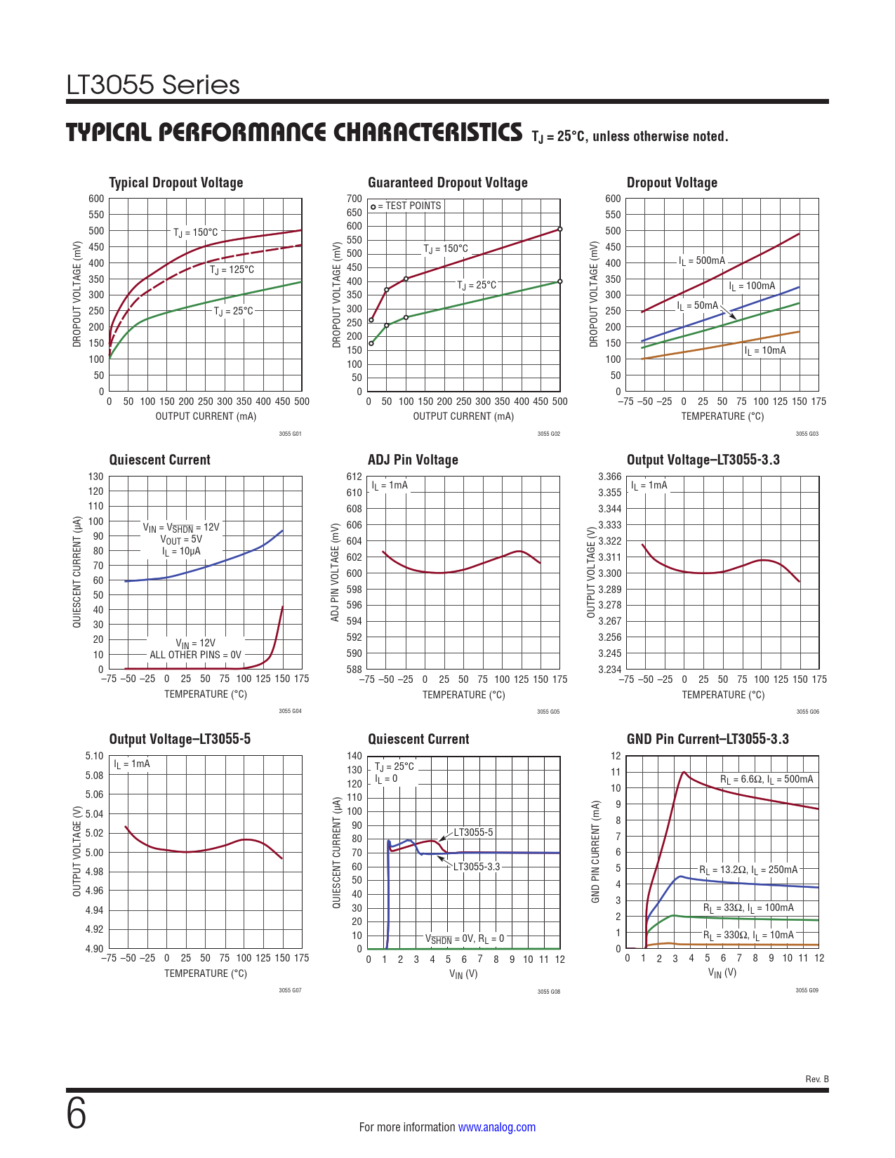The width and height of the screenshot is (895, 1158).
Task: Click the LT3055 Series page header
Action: (153, 85)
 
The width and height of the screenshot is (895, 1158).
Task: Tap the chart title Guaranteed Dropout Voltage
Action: (447, 182)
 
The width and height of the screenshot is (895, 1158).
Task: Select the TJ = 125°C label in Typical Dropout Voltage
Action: (232, 270)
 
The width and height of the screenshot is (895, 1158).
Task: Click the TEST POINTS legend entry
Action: (406, 206)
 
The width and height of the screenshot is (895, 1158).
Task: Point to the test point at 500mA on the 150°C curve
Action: (559, 229)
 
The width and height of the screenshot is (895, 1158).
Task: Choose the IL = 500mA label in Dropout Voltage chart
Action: (701, 261)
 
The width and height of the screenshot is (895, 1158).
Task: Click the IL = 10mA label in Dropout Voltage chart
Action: (765, 351)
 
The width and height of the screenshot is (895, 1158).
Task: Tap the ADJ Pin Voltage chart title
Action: (413, 460)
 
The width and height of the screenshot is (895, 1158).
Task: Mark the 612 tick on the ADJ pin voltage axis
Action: (354, 477)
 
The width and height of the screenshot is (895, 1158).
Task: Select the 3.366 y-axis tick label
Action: (609, 477)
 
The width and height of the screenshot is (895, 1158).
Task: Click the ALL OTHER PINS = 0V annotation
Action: (195, 655)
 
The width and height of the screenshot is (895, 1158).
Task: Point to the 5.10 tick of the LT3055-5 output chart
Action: (94, 756)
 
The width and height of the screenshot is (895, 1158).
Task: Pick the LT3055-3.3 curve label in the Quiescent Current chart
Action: (477, 867)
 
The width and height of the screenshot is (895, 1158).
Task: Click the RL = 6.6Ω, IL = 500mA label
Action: (767, 780)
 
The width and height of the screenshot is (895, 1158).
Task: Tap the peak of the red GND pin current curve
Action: (684, 772)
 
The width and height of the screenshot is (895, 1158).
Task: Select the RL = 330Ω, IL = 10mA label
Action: (748, 936)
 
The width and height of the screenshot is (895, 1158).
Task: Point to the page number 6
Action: (77, 1114)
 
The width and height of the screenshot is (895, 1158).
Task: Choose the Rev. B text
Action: (817, 1079)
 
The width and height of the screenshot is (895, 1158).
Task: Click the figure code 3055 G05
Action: (548, 712)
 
